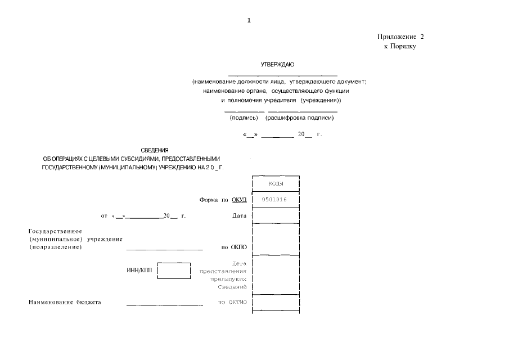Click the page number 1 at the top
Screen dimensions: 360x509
point(249,21)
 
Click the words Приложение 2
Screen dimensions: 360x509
point(400,37)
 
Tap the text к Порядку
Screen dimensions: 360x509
point(400,47)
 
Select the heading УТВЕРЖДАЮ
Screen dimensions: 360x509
point(274,65)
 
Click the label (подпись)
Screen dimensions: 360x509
point(244,118)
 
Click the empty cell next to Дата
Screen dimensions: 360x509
point(276,215)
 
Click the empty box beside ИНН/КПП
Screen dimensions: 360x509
point(174,271)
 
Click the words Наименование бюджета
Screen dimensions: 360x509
point(65,303)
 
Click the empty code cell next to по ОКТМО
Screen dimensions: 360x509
point(276,303)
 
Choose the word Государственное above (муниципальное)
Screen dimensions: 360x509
point(56,231)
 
